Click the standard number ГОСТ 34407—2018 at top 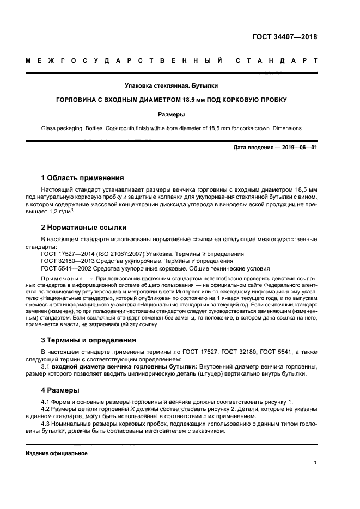[285, 38]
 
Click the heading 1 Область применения [82, 177]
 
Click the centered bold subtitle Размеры [172, 114]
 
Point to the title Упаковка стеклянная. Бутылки [171, 85]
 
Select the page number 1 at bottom [315, 463]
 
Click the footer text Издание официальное [57, 453]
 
